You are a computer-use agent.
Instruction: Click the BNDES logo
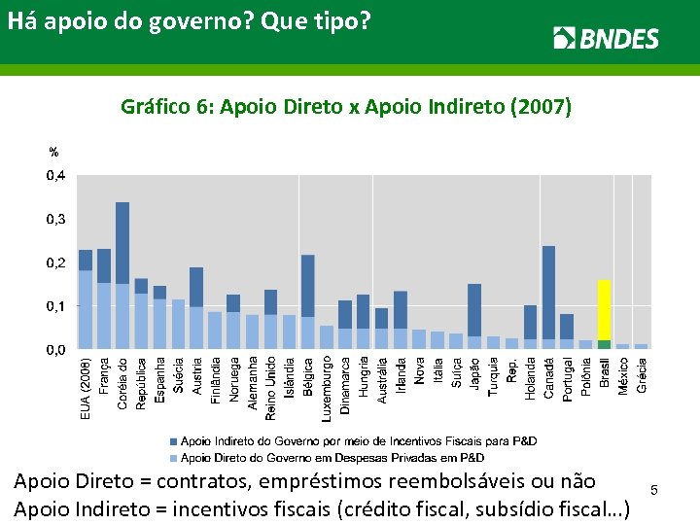click(x=606, y=38)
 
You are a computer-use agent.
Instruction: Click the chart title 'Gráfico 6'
click(x=345, y=106)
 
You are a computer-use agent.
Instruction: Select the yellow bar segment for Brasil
click(x=604, y=309)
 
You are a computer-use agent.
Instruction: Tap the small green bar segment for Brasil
click(x=604, y=344)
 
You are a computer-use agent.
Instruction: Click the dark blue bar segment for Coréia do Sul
click(x=122, y=243)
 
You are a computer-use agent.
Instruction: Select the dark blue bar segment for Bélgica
click(x=308, y=286)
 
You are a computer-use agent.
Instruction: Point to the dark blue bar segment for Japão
click(x=474, y=310)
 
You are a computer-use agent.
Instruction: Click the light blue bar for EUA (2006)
click(x=86, y=309)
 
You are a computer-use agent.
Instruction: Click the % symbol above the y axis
click(x=54, y=153)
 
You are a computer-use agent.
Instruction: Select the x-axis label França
click(x=104, y=374)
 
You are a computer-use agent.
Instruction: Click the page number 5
click(x=654, y=491)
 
